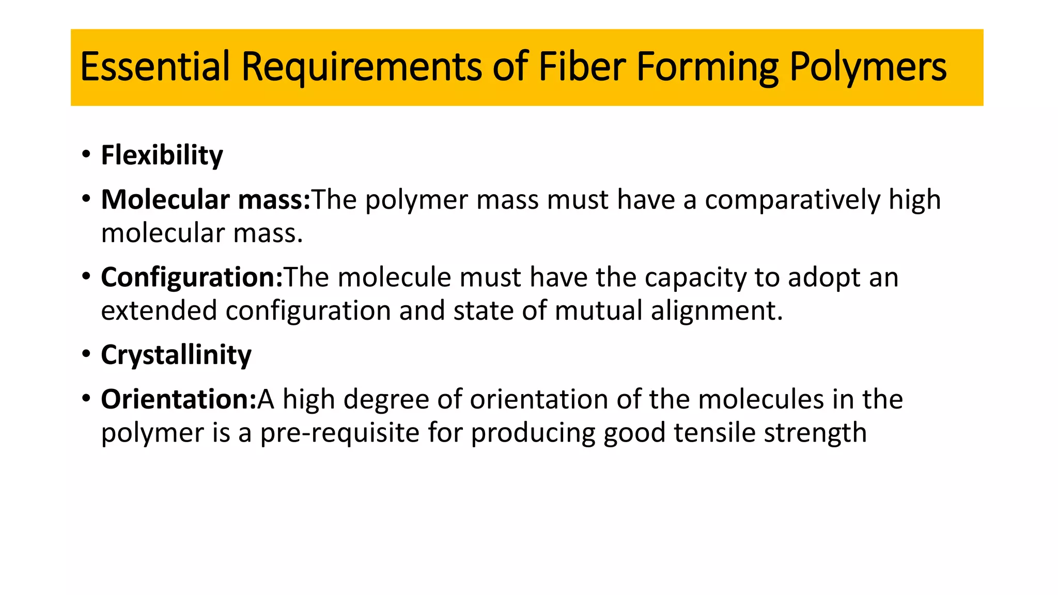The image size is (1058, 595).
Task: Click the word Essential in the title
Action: (x=155, y=67)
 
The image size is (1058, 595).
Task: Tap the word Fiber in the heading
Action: (x=582, y=67)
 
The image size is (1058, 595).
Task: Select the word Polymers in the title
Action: (x=868, y=68)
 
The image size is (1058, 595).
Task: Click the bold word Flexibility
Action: (x=162, y=155)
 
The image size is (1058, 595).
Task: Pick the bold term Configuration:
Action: (x=192, y=277)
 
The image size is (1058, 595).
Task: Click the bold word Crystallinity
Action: (x=176, y=355)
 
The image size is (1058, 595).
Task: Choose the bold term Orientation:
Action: (x=179, y=399)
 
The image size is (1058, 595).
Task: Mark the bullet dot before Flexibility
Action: (x=86, y=154)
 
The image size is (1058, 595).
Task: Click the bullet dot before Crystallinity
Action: (x=86, y=354)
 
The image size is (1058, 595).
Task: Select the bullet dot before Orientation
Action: (x=86, y=398)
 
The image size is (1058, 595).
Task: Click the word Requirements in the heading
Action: (x=362, y=68)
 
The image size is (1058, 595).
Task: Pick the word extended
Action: (x=159, y=311)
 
